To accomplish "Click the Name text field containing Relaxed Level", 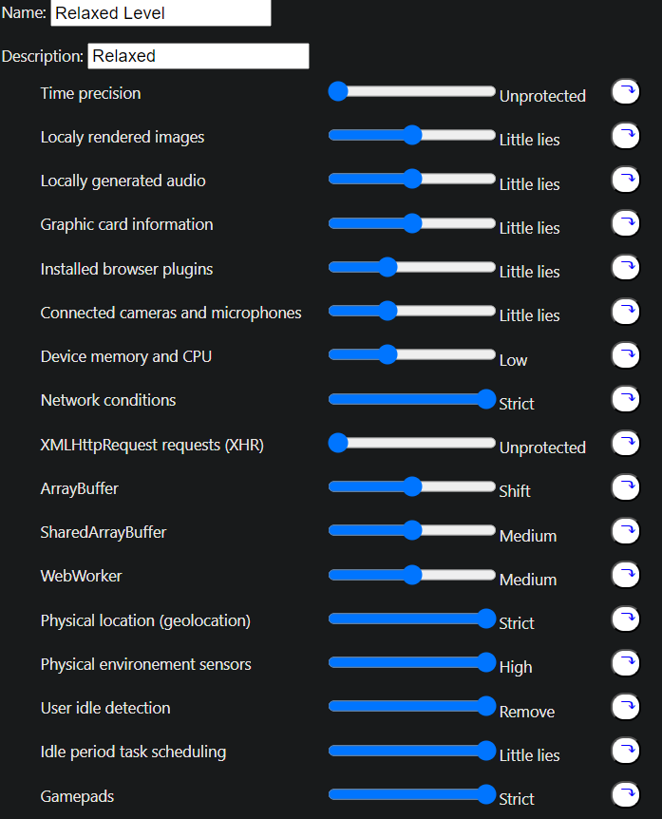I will (160, 13).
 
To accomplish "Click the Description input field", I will (198, 56).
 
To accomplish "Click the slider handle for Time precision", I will (338, 91).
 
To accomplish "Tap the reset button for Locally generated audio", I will (625, 180).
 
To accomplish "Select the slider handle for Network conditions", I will (486, 399).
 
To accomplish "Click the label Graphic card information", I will (126, 224).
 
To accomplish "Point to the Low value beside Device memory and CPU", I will (513, 360).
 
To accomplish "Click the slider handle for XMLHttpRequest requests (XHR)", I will (338, 443).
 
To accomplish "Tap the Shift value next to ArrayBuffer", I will (515, 491).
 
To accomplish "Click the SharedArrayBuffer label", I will (103, 532).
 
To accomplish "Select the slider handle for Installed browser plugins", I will (388, 267).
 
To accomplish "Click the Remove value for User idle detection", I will (527, 712).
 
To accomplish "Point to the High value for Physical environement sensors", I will (516, 667).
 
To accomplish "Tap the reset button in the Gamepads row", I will (625, 794).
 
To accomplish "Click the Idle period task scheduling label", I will (133, 752).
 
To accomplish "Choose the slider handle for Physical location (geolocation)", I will (486, 619).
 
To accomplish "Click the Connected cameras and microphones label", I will (171, 313).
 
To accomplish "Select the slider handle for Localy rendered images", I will (412, 135).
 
